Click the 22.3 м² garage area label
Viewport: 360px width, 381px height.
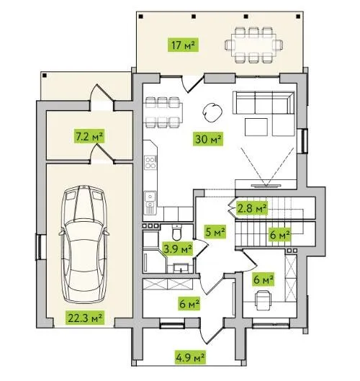click(x=85, y=318)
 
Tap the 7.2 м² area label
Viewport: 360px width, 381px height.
click(x=89, y=136)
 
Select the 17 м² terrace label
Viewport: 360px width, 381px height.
click(x=184, y=45)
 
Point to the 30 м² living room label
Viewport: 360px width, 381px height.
click(x=208, y=139)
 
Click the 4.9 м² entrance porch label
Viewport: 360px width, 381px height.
click(x=190, y=357)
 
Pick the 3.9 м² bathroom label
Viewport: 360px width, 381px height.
click(x=178, y=248)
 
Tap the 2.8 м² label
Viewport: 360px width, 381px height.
click(x=252, y=208)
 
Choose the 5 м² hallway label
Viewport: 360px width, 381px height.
click(x=215, y=232)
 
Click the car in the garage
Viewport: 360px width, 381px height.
click(x=84, y=244)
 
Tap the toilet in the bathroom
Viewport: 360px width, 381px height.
click(x=176, y=232)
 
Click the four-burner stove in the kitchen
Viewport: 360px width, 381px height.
click(x=150, y=163)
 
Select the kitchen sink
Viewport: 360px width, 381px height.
click(x=150, y=197)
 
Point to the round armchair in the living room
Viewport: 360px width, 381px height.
click(x=212, y=112)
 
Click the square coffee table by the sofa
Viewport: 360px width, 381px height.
click(x=256, y=127)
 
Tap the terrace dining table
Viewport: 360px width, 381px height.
click(x=253, y=45)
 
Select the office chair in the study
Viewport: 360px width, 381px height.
click(x=263, y=300)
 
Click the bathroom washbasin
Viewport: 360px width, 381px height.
click(x=181, y=268)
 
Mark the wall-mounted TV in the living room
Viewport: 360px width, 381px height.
click(x=266, y=186)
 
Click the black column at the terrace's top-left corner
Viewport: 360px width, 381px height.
click(x=142, y=17)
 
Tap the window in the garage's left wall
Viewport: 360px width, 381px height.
click(x=39, y=247)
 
